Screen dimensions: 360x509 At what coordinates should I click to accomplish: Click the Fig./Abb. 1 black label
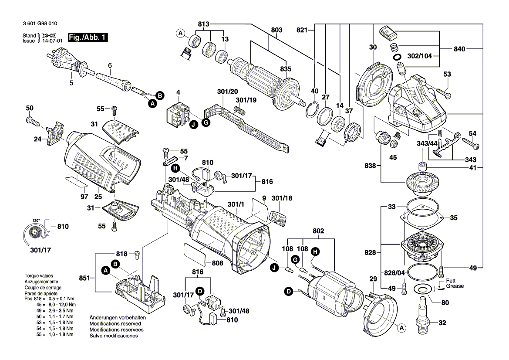pos(87,38)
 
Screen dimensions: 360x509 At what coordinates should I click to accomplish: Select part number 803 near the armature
pos(276,30)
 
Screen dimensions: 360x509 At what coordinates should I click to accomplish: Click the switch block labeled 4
pos(177,114)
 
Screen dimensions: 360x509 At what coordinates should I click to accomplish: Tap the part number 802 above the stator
pos(319,231)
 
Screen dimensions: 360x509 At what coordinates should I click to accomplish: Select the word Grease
pos(455,286)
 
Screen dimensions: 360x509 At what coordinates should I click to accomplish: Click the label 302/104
pos(420,57)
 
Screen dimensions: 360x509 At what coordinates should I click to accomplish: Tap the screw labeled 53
pos(442,92)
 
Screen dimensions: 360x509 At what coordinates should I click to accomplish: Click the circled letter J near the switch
pos(192,124)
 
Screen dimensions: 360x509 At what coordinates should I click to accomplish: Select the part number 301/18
pos(282,198)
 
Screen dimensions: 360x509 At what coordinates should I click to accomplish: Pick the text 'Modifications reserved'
pos(115,324)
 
